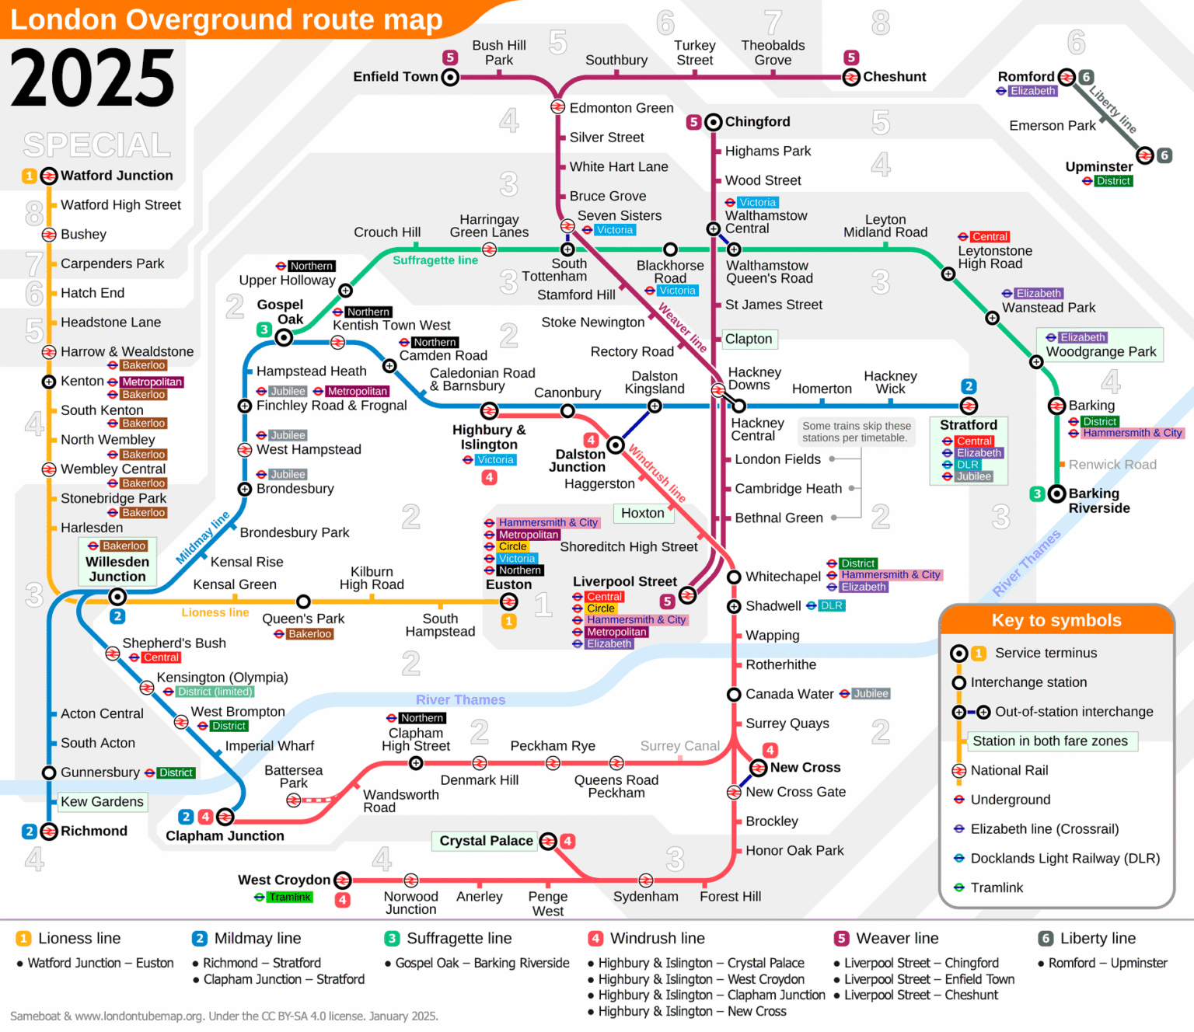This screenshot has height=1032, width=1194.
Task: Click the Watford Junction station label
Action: [x=117, y=176]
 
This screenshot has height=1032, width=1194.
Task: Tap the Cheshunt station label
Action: [x=894, y=77]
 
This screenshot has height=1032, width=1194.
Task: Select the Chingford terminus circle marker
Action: [x=714, y=122]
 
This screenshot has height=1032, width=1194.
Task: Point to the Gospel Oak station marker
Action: [x=285, y=337]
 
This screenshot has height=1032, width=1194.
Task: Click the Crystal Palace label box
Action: [x=486, y=841]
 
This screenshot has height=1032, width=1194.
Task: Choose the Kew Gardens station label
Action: [x=102, y=802]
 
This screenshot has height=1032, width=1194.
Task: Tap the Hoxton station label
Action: [x=642, y=513]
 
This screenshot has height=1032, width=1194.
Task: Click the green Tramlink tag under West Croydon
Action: [x=290, y=898]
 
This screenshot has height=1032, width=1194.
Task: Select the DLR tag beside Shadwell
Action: [x=831, y=606]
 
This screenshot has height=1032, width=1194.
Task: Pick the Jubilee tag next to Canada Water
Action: [x=871, y=694]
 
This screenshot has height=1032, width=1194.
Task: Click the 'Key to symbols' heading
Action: [x=1056, y=620]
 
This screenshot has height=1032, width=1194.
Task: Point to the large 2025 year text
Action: [x=93, y=78]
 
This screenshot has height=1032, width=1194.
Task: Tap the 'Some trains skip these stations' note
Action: [x=856, y=432]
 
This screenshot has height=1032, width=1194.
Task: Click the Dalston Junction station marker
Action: [x=616, y=445]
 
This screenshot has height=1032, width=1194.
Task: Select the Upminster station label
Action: [x=1098, y=166]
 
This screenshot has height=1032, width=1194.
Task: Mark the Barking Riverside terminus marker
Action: [x=1056, y=493]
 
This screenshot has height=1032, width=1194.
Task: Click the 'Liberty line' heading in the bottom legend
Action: [x=1097, y=939]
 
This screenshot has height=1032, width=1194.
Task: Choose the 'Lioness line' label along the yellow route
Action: [x=215, y=612]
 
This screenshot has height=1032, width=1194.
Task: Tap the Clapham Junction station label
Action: [x=225, y=836]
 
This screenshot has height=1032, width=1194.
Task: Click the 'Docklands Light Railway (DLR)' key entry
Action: [x=1065, y=859]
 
